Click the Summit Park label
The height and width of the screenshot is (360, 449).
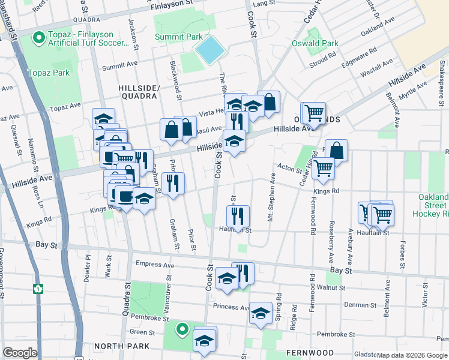(179, 37)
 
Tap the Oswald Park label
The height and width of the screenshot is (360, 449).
(315, 43)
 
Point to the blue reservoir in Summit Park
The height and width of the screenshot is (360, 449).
(209, 50)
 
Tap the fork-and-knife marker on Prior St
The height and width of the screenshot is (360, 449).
(173, 183)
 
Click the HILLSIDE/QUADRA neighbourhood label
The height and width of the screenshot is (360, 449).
(139, 91)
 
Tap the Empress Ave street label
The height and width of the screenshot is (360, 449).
(155, 265)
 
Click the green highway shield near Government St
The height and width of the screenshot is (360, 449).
(38, 288)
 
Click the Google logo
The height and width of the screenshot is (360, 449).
(20, 353)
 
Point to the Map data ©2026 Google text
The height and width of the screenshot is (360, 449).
(411, 355)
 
